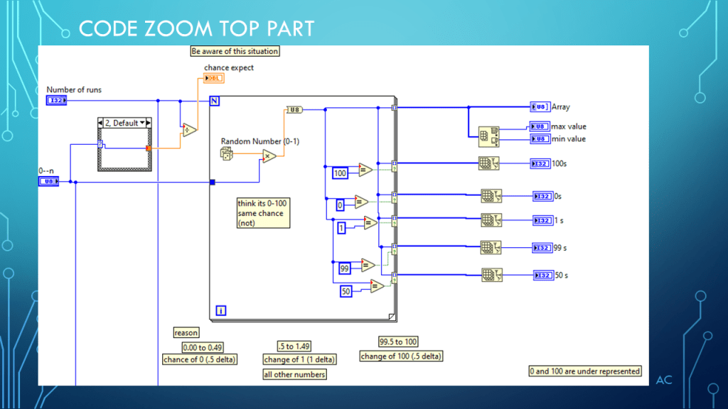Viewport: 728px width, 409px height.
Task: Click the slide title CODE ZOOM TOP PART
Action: (196, 28)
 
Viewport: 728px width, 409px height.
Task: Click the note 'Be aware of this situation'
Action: (235, 51)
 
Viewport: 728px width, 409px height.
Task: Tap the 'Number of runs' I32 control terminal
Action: (56, 101)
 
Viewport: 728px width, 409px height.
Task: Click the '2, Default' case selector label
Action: (125, 123)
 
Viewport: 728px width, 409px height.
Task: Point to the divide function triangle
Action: (189, 130)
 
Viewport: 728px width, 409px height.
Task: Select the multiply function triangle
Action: (269, 157)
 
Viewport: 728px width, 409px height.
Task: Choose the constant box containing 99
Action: (344, 268)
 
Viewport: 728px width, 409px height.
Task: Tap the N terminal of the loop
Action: (214, 101)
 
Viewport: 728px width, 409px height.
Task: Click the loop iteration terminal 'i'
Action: (220, 310)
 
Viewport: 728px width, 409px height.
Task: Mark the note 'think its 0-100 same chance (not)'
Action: (263, 213)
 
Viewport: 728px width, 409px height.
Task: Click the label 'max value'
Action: (569, 127)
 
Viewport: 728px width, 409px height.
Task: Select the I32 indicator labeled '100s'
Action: (540, 164)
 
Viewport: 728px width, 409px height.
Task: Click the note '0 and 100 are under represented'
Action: (585, 371)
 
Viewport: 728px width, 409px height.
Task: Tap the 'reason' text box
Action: (187, 332)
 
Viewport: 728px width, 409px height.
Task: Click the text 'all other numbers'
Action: (295, 374)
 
